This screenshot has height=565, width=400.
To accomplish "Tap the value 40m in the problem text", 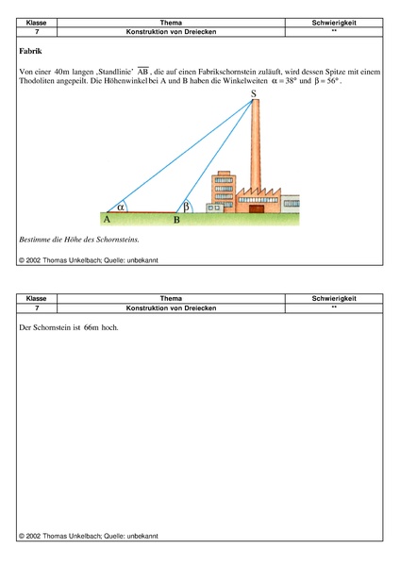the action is (64, 71).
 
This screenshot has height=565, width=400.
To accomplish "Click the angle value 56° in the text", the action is (330, 82).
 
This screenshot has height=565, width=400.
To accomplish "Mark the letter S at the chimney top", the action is (253, 93).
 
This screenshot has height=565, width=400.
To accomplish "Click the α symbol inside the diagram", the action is (121, 206).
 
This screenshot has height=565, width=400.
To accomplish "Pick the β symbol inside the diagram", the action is (186, 205).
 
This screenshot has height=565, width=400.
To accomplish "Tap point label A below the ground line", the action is (107, 220).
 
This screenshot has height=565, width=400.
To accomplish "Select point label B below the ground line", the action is (176, 220).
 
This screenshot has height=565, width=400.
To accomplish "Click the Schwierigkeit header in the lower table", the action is (334, 298).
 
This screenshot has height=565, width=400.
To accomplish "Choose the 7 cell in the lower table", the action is (37, 307).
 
